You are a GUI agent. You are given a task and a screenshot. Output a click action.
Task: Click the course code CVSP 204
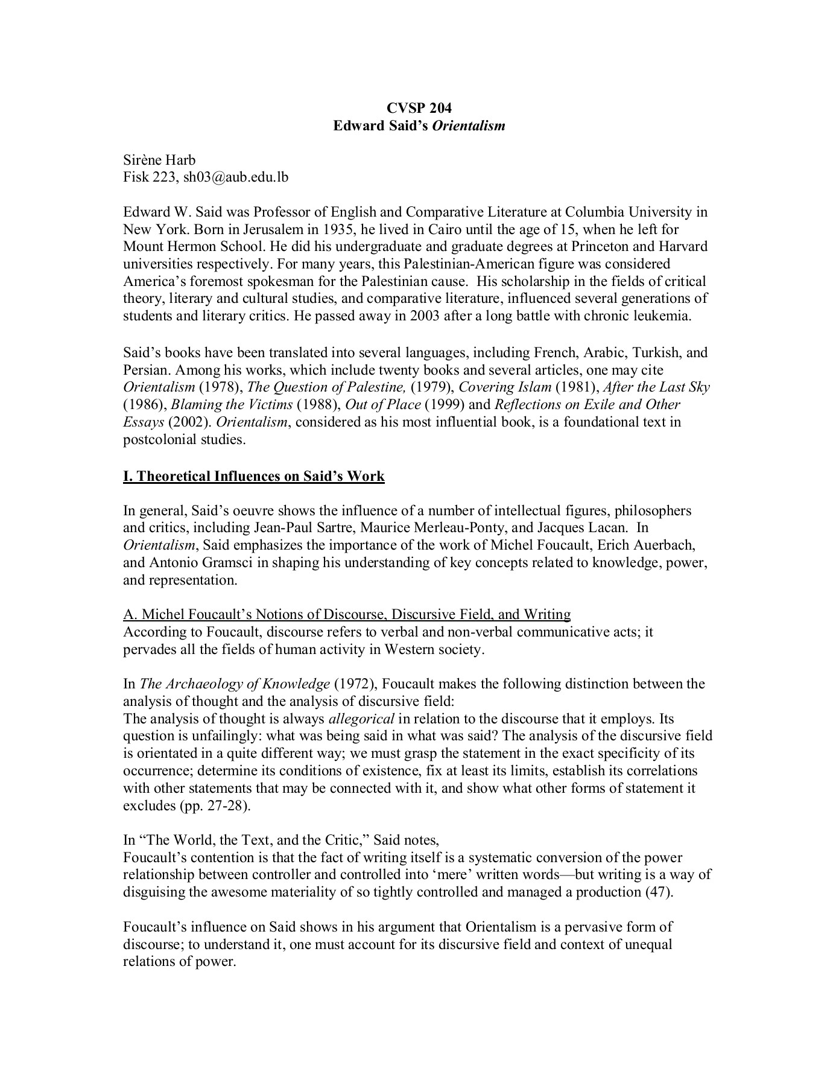[x=419, y=109]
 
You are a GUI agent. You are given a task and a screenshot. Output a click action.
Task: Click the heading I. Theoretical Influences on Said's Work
[x=254, y=476]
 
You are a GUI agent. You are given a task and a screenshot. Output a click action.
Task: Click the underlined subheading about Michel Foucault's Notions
[x=347, y=614]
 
